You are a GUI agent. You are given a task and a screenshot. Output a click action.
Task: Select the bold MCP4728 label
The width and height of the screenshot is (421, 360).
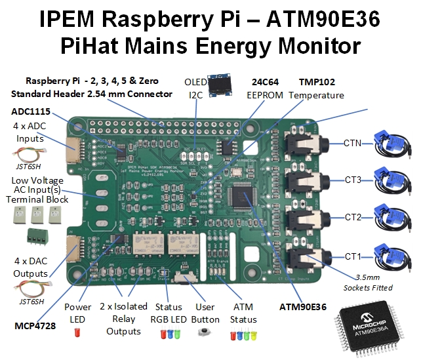pos(34,325)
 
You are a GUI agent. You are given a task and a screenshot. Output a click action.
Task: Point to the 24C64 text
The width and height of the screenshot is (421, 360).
pos(267,83)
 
